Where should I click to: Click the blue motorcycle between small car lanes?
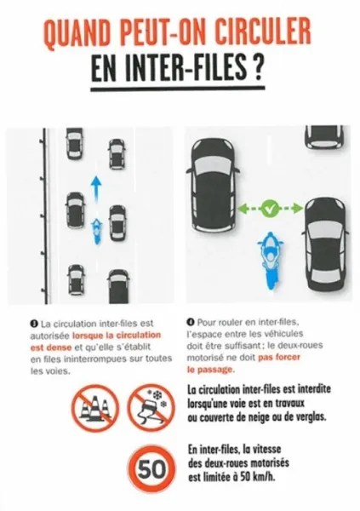pos(96,228)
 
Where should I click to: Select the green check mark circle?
pos(271,208)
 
